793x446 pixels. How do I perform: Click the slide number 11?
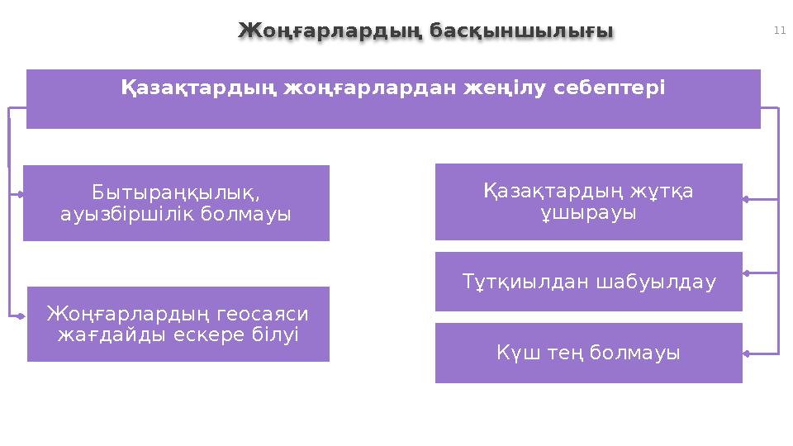coord(779,31)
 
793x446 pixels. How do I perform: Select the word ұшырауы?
coord(588,212)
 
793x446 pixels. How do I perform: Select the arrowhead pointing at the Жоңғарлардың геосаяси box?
coord(21,315)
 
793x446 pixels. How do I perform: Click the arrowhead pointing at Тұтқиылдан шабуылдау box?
coord(746,272)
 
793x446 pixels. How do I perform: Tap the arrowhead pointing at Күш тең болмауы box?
coord(746,353)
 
